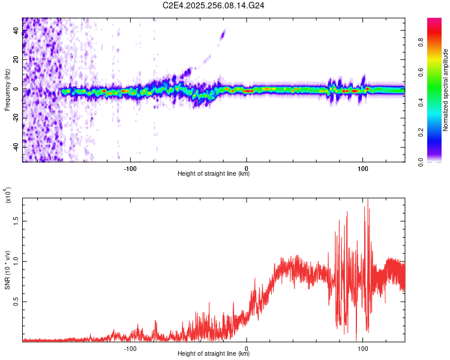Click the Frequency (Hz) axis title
tap(7, 89)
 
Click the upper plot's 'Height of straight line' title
tap(214, 174)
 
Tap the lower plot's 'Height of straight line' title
tap(214, 354)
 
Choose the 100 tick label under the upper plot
tap(362, 168)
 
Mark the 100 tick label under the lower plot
tap(362, 348)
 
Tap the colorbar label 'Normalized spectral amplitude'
tap(445, 89)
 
